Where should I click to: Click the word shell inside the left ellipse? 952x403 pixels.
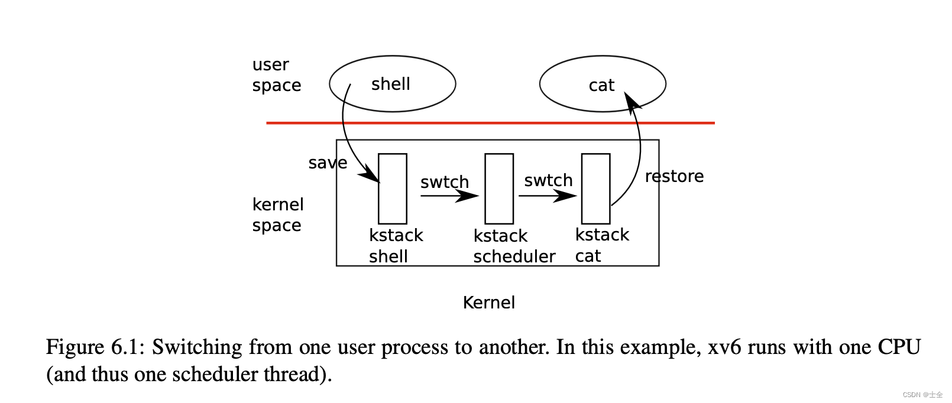tap(390, 84)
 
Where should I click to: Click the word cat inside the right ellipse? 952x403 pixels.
tap(601, 86)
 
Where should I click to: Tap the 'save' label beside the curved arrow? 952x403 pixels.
tap(328, 163)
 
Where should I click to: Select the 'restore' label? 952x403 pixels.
tap(674, 177)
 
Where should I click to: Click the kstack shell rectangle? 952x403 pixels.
tap(392, 188)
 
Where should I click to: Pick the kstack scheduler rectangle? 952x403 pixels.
tap(498, 188)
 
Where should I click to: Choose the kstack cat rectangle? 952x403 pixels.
tap(595, 188)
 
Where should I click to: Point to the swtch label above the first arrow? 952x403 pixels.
tap(445, 182)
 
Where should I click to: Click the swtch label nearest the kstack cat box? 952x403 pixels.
tap(548, 180)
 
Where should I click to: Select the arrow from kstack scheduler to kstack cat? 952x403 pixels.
tap(546, 196)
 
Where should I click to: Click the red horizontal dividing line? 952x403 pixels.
tap(490, 123)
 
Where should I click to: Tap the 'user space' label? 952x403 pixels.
tap(276, 75)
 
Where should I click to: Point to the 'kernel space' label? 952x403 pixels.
tap(277, 215)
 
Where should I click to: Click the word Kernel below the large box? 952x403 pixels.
tap(488, 303)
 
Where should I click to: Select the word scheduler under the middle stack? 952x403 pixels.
tap(514, 256)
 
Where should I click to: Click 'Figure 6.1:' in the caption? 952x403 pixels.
tap(95, 347)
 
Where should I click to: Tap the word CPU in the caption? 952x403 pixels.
tap(899, 347)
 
